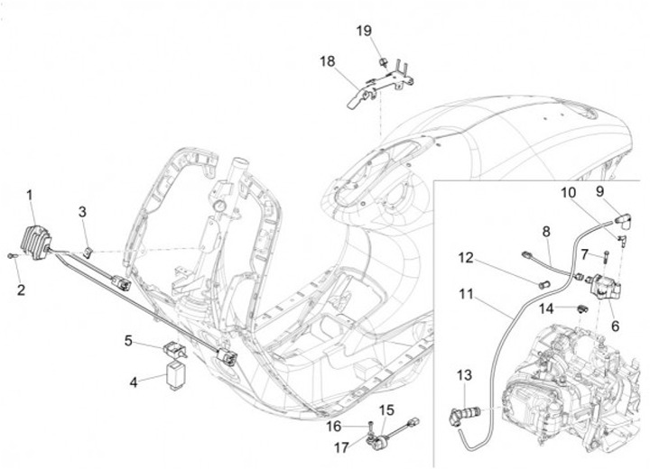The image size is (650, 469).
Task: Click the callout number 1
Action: [29, 195]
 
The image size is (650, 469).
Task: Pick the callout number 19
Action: [363, 31]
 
